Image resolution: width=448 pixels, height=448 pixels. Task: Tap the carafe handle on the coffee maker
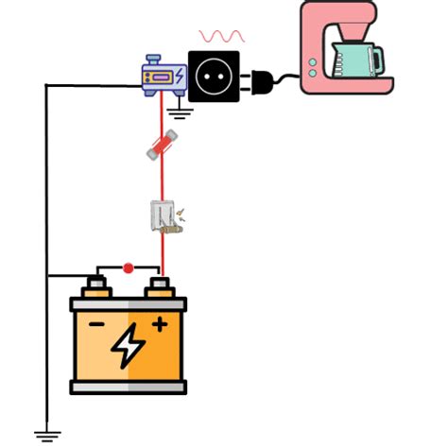(379, 59)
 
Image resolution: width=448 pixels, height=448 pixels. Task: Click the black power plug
(262, 81)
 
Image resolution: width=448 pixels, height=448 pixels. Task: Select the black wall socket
(215, 76)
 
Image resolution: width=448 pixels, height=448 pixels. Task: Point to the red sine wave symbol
(222, 36)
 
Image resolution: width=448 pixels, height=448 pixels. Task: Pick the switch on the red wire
(164, 218)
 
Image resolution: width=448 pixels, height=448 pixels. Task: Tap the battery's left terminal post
(95, 284)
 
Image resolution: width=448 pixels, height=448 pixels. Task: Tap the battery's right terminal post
(159, 284)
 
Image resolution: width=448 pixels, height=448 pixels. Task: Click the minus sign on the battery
(96, 324)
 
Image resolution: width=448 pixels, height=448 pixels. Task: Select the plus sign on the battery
(159, 324)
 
